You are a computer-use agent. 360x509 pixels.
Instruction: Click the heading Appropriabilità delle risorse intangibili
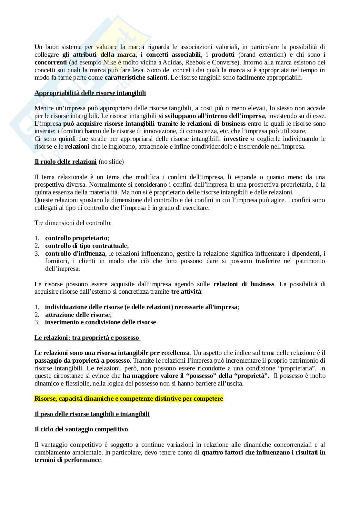coord(90,93)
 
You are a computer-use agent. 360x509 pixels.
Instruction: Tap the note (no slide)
coord(111,162)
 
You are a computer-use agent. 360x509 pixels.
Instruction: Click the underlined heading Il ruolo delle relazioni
coord(65,162)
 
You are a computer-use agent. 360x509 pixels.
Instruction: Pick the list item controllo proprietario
coord(76,238)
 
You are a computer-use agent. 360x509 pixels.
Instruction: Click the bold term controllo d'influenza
coord(75,253)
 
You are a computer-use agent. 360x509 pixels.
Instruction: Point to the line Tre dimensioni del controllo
coord(73,223)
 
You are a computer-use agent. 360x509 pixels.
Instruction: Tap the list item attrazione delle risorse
coord(77,315)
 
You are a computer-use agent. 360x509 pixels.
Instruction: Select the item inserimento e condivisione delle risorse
coord(100,322)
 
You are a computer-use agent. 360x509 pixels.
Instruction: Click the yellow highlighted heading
coord(128,399)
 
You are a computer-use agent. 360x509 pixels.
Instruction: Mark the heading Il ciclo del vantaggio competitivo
coord(81,429)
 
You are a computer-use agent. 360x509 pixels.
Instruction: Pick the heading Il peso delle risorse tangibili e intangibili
coord(92,414)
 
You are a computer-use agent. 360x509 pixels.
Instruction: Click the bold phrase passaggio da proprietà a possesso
coord(82,360)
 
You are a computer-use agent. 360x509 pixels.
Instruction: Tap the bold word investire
coord(236,139)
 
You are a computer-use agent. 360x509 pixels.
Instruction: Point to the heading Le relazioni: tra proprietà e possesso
coord(87,338)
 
